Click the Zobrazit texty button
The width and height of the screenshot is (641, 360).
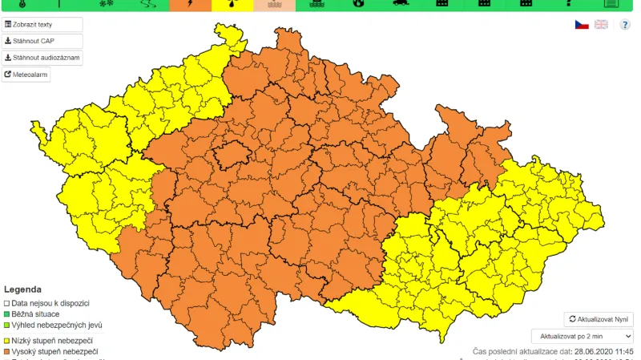point(42,25)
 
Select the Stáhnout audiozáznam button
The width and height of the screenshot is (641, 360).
point(42,58)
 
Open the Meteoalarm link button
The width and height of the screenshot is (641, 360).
point(26,75)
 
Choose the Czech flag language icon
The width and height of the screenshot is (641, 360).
point(582,25)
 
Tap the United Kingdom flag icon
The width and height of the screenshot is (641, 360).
point(601,25)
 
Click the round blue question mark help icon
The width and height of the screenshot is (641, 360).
point(625,25)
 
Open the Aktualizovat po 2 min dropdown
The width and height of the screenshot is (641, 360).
point(582,337)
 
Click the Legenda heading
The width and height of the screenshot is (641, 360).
point(22,289)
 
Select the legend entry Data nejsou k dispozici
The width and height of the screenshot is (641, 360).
point(50,303)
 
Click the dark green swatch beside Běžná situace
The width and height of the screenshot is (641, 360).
point(6,314)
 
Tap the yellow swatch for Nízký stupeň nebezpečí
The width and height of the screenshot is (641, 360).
point(6,340)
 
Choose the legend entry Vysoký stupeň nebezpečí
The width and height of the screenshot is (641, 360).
point(54,351)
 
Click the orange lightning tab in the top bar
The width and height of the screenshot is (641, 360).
point(190,5)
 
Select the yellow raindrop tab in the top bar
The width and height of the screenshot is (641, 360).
point(232,5)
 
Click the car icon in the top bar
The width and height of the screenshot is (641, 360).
point(400,5)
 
